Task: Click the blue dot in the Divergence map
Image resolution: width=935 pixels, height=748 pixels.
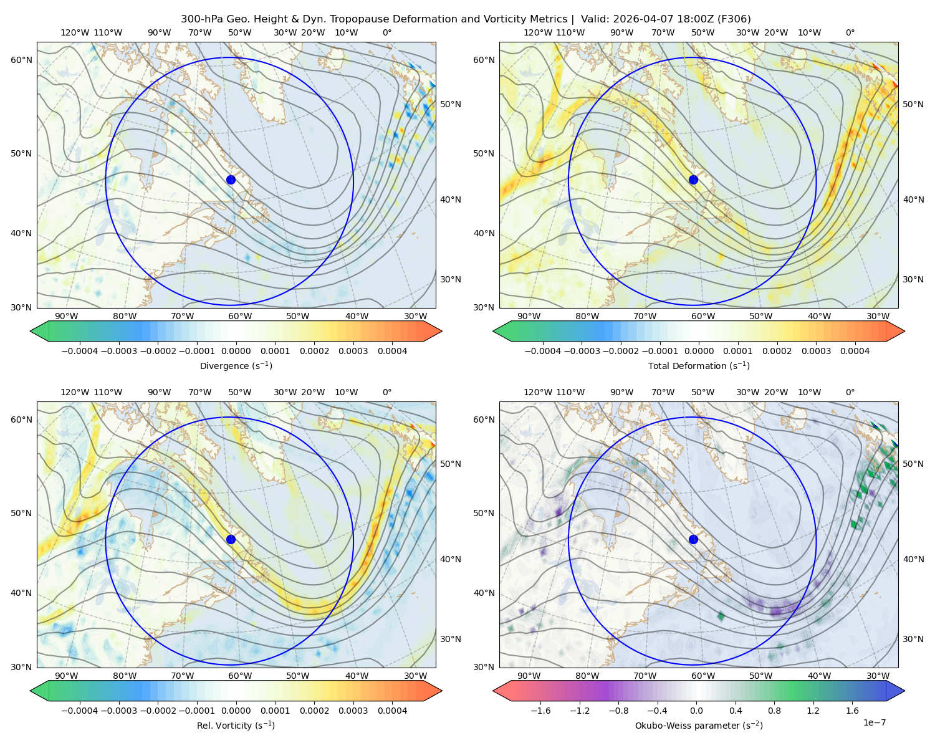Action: coord(231,180)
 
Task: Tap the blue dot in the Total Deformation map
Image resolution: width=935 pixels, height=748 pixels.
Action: coord(693,180)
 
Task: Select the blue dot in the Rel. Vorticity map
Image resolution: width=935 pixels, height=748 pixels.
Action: coord(231,539)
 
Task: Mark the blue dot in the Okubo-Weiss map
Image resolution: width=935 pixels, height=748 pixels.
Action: coord(693,539)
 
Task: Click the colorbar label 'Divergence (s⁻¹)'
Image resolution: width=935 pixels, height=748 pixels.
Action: coord(236,365)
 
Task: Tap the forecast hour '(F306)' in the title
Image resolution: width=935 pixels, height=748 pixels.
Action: coord(734,19)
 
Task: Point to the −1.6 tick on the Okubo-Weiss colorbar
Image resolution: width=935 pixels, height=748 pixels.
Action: coord(540,710)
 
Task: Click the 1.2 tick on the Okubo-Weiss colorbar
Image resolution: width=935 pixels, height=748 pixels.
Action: coord(813,710)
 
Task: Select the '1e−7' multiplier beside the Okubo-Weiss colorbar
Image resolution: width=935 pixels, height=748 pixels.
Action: coord(874,722)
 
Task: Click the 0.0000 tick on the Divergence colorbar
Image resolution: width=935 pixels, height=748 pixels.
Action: coord(236,351)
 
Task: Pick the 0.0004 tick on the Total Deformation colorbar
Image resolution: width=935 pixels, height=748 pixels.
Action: coord(855,351)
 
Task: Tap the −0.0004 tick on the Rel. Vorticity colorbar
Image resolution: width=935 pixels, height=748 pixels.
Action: coord(80,710)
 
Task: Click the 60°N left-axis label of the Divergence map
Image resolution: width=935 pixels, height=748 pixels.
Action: coord(21,60)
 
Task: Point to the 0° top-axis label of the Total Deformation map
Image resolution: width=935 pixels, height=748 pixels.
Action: coord(850,32)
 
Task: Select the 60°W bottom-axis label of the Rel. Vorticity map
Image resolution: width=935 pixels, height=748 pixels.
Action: coord(240,676)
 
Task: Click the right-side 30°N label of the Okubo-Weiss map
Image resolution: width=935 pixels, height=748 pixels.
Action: coord(913,638)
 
